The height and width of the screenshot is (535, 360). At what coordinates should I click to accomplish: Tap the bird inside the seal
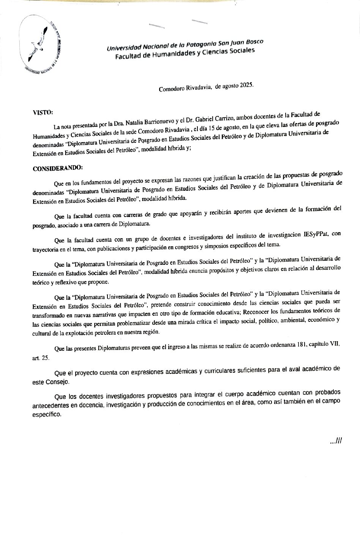tap(39, 44)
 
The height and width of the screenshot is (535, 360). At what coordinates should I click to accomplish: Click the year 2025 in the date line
tap(246, 86)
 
